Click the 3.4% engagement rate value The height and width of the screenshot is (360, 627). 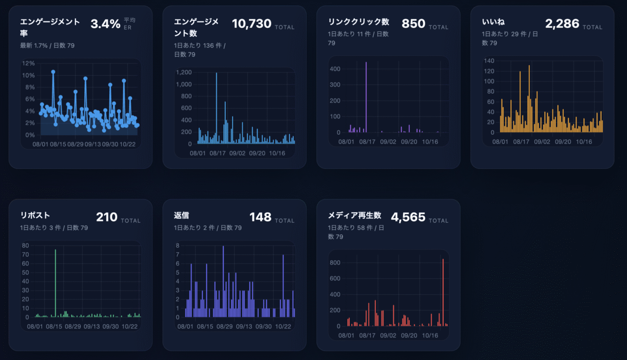click(105, 24)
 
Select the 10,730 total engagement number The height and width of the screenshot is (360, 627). click(251, 24)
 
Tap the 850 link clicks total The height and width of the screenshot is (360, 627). click(413, 24)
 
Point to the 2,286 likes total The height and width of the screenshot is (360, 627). click(562, 24)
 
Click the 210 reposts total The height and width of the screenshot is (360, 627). click(106, 217)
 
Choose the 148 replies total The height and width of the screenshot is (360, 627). click(260, 217)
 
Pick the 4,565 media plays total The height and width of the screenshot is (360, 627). click(408, 217)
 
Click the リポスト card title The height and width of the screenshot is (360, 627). click(35, 216)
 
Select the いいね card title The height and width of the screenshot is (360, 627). click(494, 22)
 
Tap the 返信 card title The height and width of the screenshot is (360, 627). click(181, 216)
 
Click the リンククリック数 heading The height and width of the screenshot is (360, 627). click(359, 22)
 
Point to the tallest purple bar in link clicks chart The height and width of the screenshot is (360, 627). click(366, 98)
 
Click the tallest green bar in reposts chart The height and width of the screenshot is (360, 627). click(55, 284)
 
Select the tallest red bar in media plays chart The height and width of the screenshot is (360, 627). click(443, 294)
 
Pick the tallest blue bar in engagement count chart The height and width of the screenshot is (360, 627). click(217, 108)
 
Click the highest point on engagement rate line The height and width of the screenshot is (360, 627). click(53, 72)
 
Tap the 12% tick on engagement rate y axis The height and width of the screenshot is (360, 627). click(28, 63)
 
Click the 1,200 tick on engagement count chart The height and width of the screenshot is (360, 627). click(184, 72)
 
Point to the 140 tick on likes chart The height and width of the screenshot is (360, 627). click(490, 61)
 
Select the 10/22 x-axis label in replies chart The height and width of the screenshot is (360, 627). click(283, 327)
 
